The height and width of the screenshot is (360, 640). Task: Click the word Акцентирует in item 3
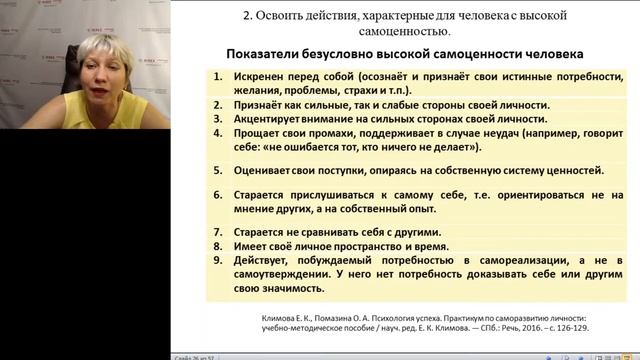268,117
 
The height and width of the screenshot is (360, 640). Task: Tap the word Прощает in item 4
258,131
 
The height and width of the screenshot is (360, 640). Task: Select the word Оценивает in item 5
264,171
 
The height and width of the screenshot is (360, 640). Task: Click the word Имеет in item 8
252,245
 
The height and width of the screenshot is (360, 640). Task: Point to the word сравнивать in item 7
332,231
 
